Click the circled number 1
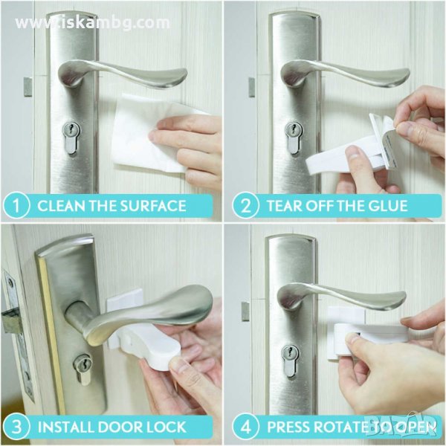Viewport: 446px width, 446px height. (x=16, y=206)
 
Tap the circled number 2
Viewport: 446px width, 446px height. (x=245, y=206)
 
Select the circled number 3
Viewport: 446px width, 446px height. (x=17, y=427)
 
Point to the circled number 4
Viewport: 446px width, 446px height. (x=245, y=427)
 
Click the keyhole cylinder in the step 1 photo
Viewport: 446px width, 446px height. (x=71, y=138)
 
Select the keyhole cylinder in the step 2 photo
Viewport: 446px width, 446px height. (x=294, y=138)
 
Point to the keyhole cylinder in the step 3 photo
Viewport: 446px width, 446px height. (x=83, y=369)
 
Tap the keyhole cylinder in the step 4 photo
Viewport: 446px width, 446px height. (x=290, y=361)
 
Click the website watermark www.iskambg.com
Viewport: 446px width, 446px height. (x=92, y=23)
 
